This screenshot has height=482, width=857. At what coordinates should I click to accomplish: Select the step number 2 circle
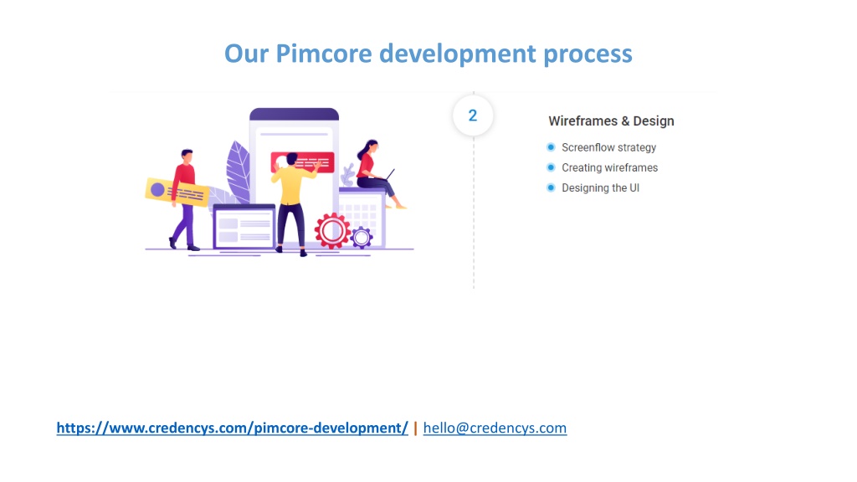(x=473, y=115)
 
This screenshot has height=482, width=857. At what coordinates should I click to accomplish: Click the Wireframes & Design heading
(x=611, y=120)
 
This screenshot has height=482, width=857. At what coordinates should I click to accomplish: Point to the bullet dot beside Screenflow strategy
(x=551, y=147)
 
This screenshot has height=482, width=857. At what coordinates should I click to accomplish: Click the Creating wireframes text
(x=610, y=167)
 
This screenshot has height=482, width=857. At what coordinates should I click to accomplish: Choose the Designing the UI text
(x=601, y=188)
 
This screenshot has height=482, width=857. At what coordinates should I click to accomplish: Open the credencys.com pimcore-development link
(x=233, y=428)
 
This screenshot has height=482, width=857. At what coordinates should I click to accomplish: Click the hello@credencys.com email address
(x=495, y=428)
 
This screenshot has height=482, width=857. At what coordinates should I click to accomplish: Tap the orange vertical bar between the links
(x=415, y=428)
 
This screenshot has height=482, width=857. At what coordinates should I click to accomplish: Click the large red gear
(x=331, y=231)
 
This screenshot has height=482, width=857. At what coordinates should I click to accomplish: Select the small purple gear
(x=362, y=238)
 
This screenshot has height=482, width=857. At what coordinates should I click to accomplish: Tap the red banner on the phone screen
(x=303, y=162)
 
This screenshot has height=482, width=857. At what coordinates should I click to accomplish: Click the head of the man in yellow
(x=291, y=159)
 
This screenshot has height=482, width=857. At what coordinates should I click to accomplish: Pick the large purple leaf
(x=239, y=171)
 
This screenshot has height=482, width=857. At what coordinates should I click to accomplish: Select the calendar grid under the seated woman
(x=362, y=218)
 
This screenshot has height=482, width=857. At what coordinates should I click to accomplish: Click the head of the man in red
(x=187, y=156)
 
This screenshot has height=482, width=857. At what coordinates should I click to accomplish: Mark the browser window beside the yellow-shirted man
(x=244, y=226)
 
